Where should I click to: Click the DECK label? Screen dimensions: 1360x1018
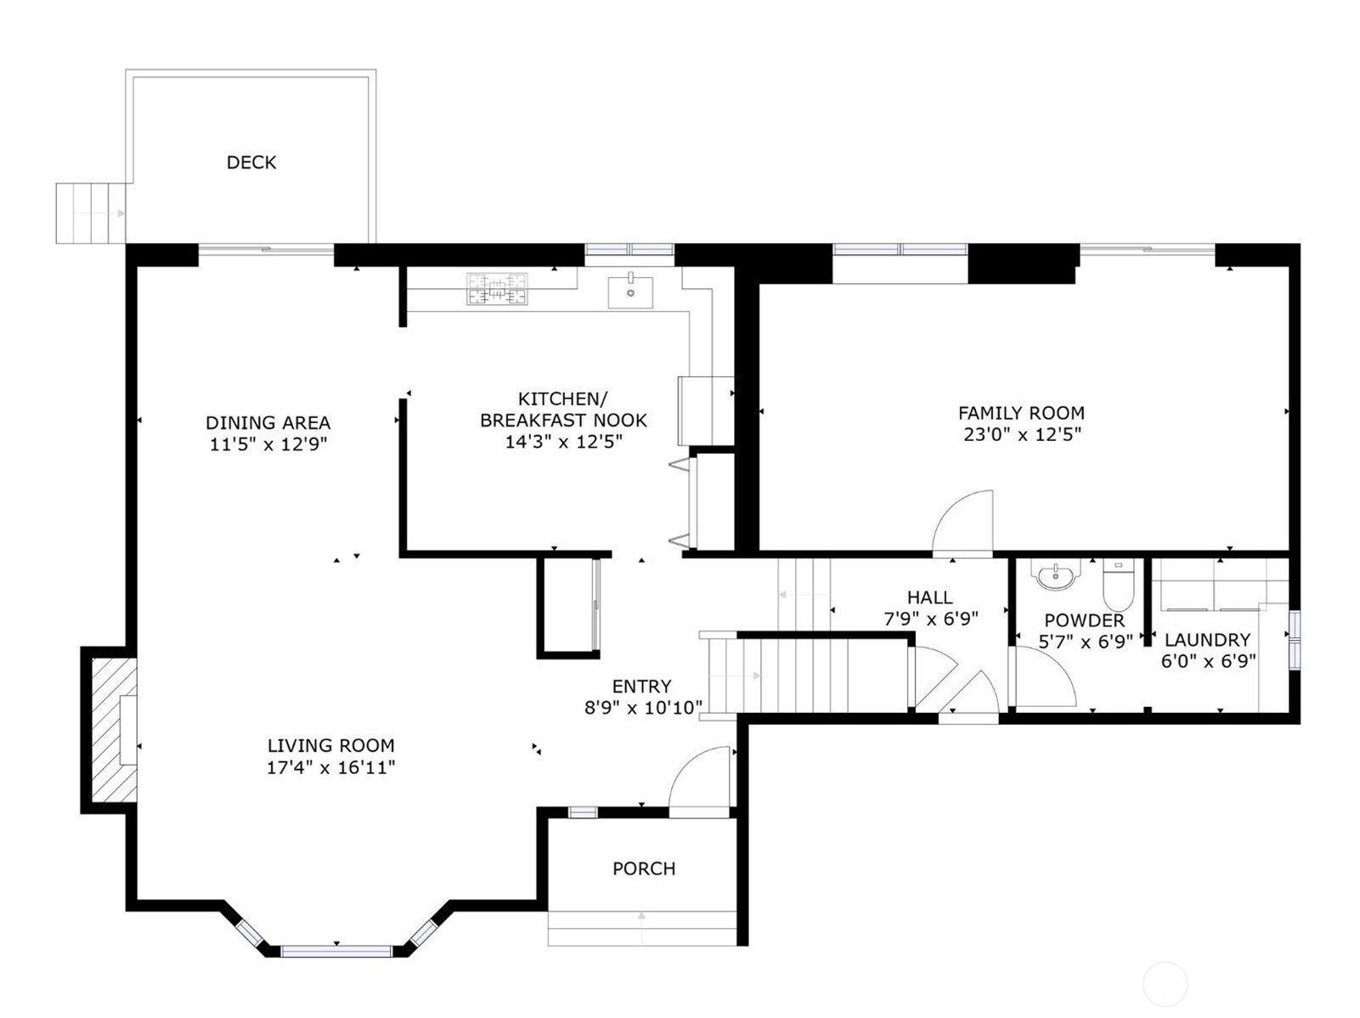tap(251, 162)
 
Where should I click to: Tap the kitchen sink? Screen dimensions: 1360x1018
tap(630, 291)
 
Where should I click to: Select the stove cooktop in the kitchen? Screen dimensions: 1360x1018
tap(497, 289)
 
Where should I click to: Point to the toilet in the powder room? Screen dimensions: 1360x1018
tap(1118, 585)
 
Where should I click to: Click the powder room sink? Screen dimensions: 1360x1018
tap(1055, 574)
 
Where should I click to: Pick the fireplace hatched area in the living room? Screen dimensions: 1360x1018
tap(114, 730)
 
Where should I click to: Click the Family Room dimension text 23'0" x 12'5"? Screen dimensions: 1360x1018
tap(1022, 434)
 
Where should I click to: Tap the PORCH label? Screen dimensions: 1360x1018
tap(644, 868)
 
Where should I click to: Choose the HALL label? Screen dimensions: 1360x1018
tap(929, 597)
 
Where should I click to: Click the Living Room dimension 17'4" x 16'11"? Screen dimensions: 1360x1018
tap(330, 767)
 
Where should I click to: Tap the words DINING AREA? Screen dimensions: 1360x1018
tap(268, 422)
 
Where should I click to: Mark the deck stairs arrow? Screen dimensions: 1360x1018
tap(99, 214)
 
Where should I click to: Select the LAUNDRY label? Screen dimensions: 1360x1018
tap(1208, 639)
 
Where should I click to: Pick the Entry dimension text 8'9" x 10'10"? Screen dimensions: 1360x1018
tap(643, 708)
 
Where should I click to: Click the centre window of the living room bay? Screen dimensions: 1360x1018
tap(336, 951)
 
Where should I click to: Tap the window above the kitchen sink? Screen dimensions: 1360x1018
tap(629, 250)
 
